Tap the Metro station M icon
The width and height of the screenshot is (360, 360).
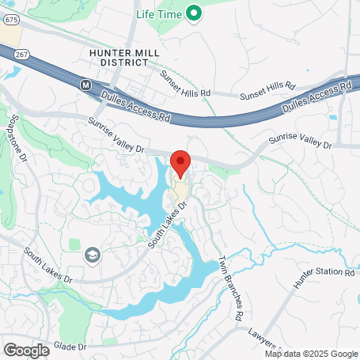point(86,83)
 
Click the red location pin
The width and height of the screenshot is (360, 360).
point(180,162)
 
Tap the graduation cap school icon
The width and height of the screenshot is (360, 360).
point(93,255)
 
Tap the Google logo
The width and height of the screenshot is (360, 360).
point(26,350)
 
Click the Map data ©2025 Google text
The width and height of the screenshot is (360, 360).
point(311,354)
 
